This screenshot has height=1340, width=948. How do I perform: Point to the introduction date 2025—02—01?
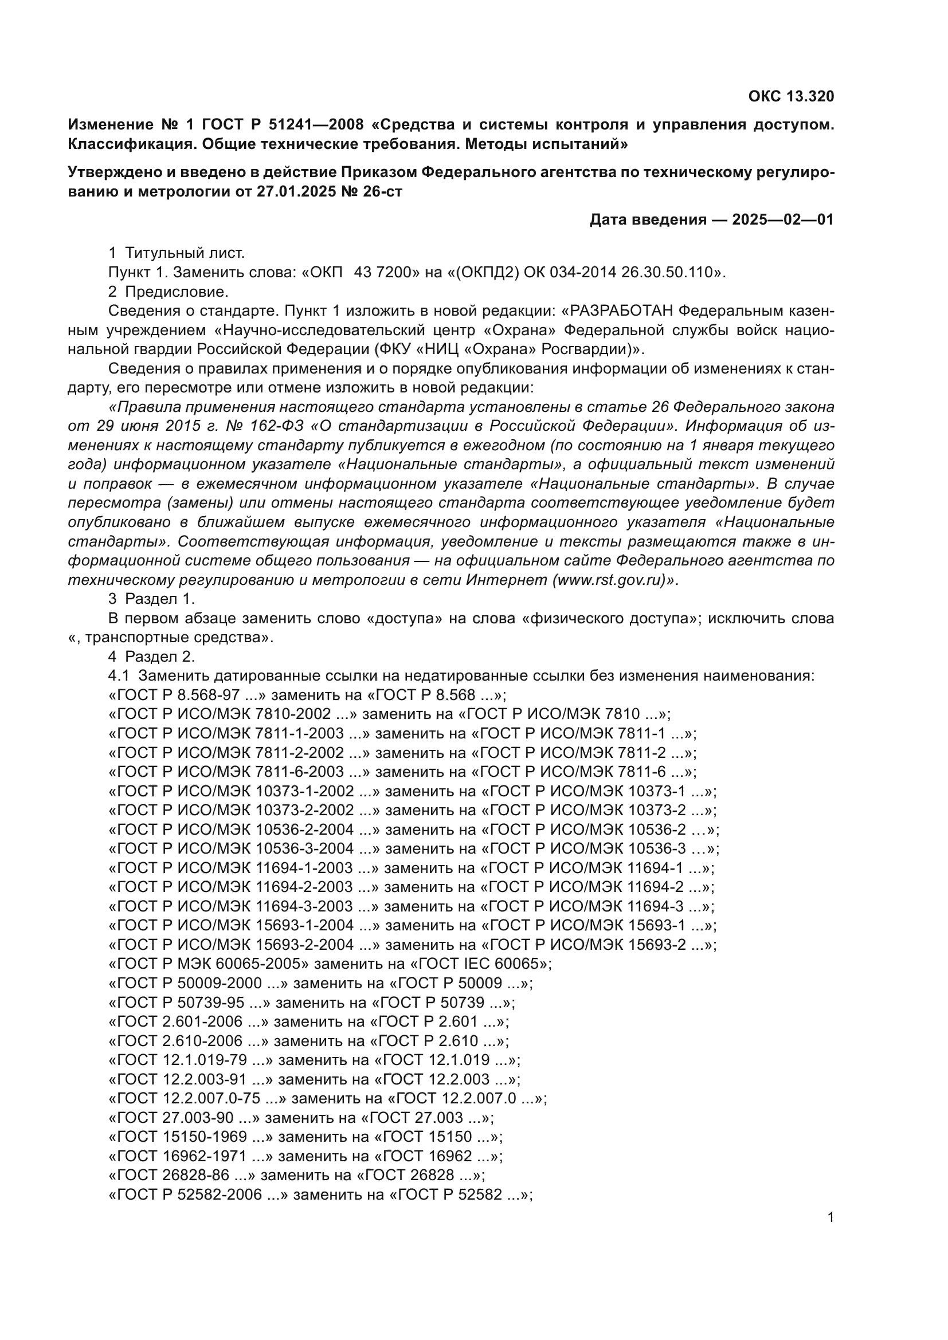(x=783, y=219)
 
